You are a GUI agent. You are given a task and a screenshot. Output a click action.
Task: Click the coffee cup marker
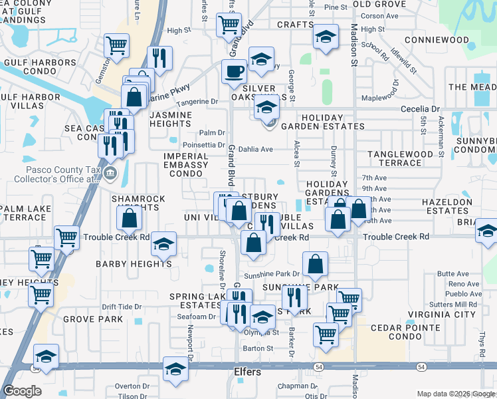coord(234,70)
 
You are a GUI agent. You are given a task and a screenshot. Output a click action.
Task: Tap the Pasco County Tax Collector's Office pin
coord(110,174)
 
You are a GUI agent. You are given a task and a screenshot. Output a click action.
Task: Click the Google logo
coord(22,391)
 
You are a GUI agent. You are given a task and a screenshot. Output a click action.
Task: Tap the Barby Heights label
coord(134,264)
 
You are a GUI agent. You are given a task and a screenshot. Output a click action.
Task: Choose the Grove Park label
coord(93,319)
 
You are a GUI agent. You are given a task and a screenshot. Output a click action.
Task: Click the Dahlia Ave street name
coord(256,150)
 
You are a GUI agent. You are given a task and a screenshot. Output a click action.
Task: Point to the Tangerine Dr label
coord(197,102)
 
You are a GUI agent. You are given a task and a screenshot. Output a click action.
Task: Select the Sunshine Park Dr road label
coord(272,274)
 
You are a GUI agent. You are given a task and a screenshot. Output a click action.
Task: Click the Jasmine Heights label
coord(171,119)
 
